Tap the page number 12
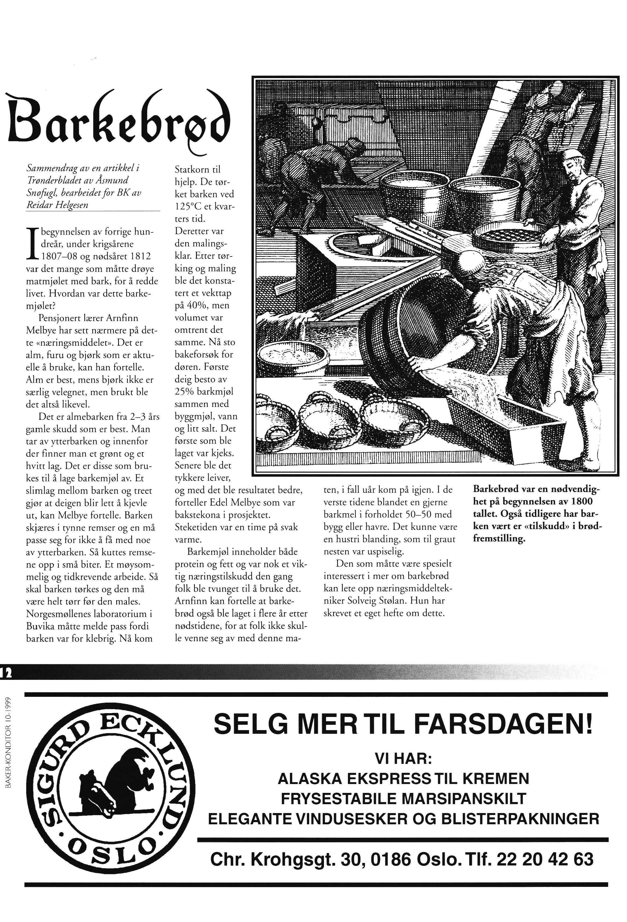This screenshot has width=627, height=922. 7,672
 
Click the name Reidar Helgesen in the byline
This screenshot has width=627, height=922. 57,205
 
